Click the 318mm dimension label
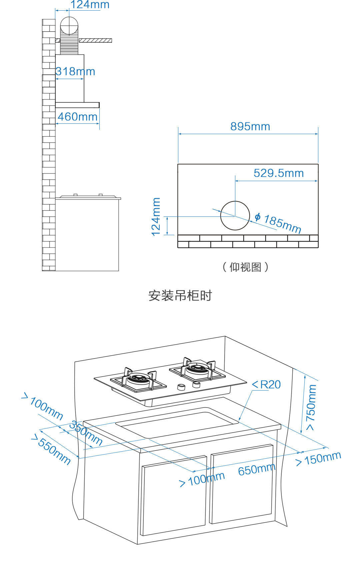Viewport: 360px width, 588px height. click(75, 71)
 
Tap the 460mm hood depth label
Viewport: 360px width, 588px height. click(78, 117)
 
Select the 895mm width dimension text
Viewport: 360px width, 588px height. click(250, 126)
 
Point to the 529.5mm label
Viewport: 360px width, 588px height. click(279, 173)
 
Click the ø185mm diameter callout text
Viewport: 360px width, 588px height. click(278, 223)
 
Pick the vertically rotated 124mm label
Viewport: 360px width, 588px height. click(156, 217)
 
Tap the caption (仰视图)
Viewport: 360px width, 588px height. click(245, 267)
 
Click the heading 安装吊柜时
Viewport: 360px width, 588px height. click(180, 296)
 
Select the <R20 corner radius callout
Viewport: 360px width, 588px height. click(266, 385)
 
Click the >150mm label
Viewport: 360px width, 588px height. click(319, 459)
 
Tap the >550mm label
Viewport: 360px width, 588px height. click(51, 449)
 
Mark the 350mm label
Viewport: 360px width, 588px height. click(86, 433)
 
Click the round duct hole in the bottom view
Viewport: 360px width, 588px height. click(235, 215)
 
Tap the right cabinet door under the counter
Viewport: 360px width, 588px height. click(242, 484)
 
